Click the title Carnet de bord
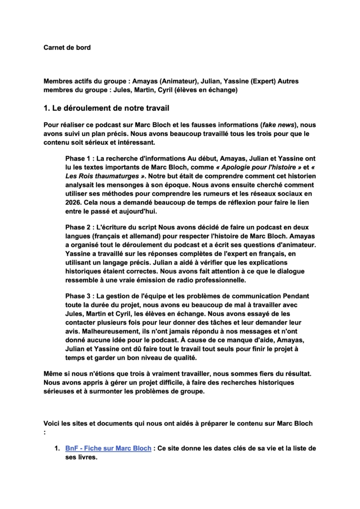pos(67,48)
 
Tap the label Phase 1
pos(79,159)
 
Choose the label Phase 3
pos(79,296)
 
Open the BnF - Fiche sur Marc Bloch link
pos(108,448)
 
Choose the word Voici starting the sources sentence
pos(53,424)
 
